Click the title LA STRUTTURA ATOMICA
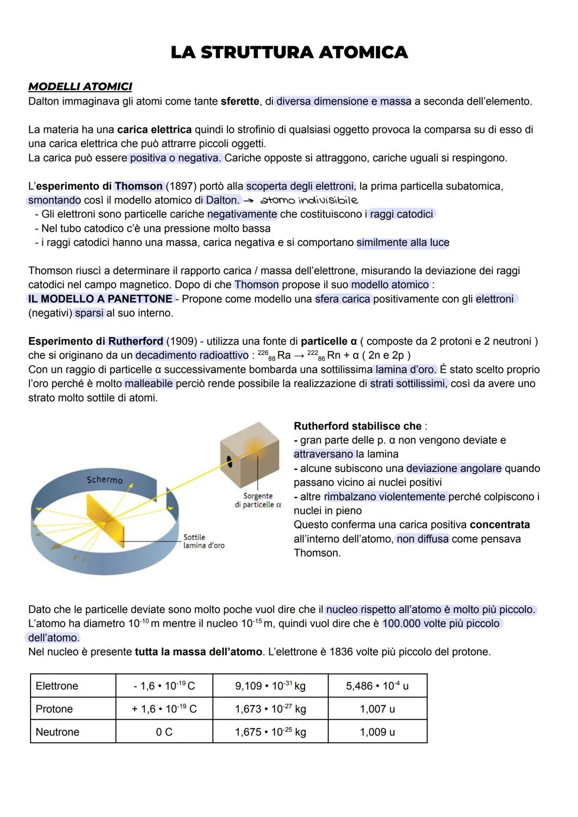pos(289,53)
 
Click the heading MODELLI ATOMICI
pos(80,86)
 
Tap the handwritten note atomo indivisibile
pos(309,200)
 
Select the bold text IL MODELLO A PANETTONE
pos(100,299)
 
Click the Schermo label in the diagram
pos(104,479)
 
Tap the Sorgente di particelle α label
pos(258,500)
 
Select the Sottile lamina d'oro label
pos(203,541)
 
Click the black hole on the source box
pos(230,461)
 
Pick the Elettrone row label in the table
pos(57,686)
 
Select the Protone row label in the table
pos(54,709)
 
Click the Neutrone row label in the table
pos(57,732)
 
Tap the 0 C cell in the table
pos(164,732)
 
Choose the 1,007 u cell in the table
pos(377,709)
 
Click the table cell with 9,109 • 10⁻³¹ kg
pos(270,686)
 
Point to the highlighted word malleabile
pos(149,384)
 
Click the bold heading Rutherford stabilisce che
pos(358,426)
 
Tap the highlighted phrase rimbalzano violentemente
pos(385,497)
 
